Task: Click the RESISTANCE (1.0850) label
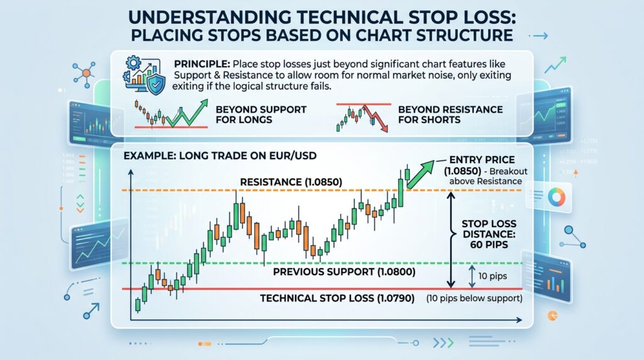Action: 291,183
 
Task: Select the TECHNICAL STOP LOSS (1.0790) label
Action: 337,298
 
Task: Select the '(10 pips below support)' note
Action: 475,298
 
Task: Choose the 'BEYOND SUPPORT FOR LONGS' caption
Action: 260,115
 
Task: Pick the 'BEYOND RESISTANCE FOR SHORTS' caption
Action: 450,115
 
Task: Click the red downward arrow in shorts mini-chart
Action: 379,120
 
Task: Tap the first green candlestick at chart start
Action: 137,305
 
